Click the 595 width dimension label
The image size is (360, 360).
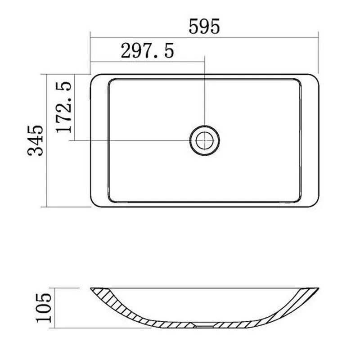pyautogui.click(x=204, y=27)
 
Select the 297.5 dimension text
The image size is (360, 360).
pyautogui.click(x=147, y=51)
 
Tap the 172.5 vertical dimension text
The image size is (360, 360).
pyautogui.click(x=63, y=107)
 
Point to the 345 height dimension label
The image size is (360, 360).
pyautogui.click(x=36, y=140)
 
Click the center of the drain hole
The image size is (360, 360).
pyautogui.click(x=204, y=139)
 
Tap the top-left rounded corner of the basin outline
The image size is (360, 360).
pyautogui.click(x=94, y=77)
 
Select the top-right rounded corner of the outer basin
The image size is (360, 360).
pyautogui.click(x=315, y=77)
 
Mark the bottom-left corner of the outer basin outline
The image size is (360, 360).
pyautogui.click(x=94, y=203)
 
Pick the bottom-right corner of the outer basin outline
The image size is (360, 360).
pyautogui.click(x=315, y=203)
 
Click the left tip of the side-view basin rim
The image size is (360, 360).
pyautogui.click(x=91, y=288)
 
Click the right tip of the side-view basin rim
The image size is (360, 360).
pyautogui.click(x=318, y=288)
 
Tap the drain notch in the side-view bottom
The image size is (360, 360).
pyautogui.click(x=204, y=324)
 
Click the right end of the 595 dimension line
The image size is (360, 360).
pyautogui.click(x=318, y=37)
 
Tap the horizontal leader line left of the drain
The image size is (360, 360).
pyautogui.click(x=135, y=140)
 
